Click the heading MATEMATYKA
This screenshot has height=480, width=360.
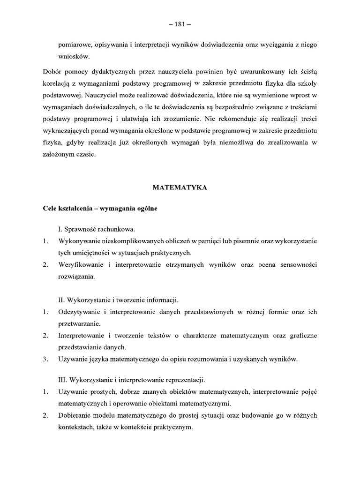[180, 187]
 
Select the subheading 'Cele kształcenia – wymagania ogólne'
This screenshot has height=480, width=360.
[100, 209]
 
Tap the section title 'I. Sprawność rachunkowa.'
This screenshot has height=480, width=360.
[96, 230]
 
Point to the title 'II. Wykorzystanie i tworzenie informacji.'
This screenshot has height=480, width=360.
[119, 299]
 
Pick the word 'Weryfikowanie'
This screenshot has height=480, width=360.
[81, 265]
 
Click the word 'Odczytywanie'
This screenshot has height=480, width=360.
[79, 312]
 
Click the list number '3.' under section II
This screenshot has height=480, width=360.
[45, 360]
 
